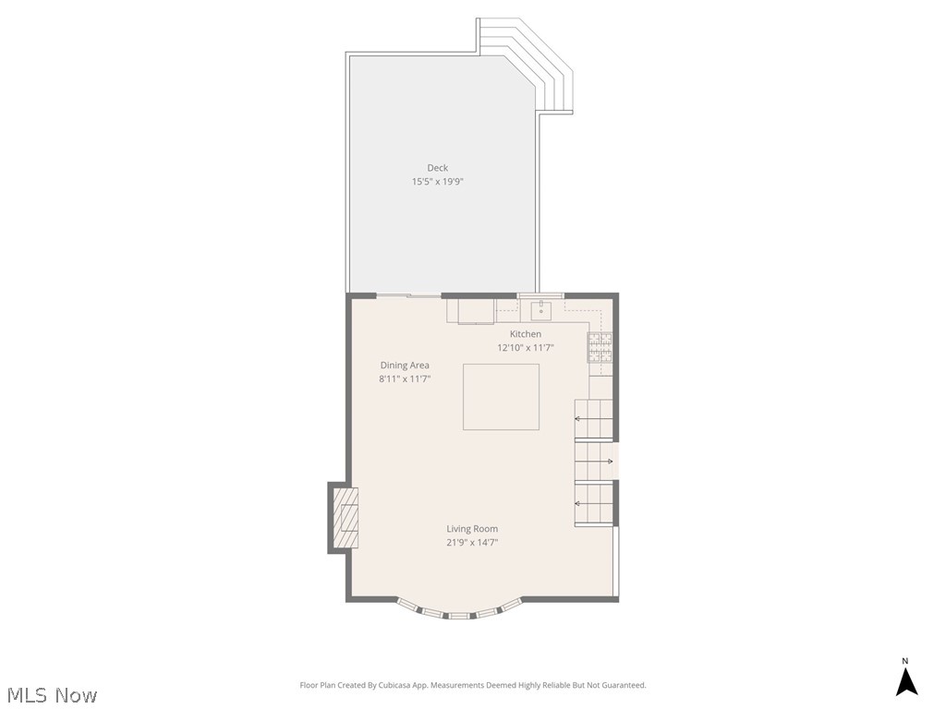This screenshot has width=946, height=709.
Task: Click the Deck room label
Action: tap(437, 168)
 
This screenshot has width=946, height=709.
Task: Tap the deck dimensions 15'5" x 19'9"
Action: tap(437, 182)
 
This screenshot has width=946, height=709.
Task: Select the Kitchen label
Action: tap(526, 334)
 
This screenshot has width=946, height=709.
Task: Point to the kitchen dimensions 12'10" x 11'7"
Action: tap(526, 347)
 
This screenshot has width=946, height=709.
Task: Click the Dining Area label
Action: tap(405, 366)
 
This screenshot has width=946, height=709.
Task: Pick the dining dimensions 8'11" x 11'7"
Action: tap(405, 379)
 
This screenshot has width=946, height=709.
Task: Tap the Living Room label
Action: tap(472, 529)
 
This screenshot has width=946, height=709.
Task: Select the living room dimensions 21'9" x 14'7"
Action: tap(472, 542)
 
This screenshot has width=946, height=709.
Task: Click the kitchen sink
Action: tap(541, 311)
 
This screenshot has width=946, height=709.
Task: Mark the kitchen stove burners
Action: tap(600, 347)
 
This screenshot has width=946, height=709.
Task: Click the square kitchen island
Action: tap(501, 397)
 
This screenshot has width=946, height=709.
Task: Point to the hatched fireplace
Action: tap(346, 517)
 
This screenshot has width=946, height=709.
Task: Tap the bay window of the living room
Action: tap(460, 611)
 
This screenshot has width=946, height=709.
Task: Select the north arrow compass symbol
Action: tap(905, 679)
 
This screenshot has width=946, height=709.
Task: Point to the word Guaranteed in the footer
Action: tap(625, 685)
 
